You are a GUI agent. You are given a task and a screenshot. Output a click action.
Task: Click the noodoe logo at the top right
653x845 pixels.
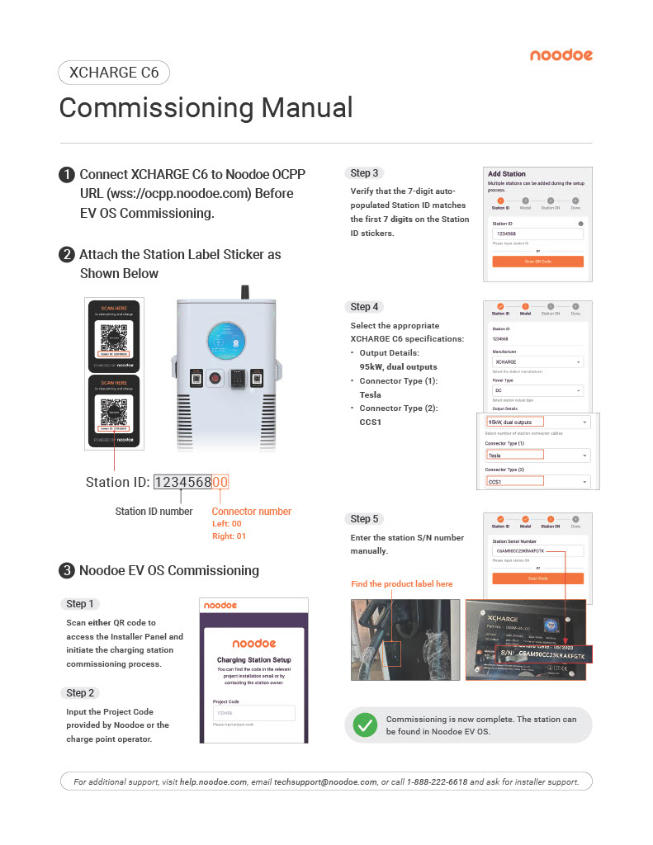coord(561,55)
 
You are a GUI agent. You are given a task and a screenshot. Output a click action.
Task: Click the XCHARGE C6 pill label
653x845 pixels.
coord(114,73)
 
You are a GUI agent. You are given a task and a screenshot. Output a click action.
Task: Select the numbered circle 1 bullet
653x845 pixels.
coord(65,175)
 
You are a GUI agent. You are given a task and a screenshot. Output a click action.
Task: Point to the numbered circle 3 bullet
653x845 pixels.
coord(65,570)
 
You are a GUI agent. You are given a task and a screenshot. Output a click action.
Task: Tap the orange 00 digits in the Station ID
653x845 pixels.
coord(220,483)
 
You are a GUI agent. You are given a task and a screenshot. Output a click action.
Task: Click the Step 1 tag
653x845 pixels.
coord(80,604)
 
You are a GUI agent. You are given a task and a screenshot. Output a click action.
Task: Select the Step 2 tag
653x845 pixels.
coord(80,693)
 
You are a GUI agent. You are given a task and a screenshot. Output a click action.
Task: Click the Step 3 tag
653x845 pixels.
coord(364,173)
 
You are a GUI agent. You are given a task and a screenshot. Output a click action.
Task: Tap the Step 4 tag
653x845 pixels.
coord(364,307)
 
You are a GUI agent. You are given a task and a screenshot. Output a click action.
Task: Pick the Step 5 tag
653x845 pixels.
coord(364,519)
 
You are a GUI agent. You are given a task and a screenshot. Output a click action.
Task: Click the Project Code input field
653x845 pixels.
coord(253,713)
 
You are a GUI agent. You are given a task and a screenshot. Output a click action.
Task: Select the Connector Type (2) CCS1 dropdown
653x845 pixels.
coord(537,481)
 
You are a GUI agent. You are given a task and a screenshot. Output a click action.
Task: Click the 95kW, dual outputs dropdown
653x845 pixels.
coord(537,422)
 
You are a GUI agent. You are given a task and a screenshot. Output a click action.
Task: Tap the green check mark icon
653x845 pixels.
coord(364,725)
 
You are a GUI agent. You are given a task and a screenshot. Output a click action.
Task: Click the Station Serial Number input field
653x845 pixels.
coord(537,550)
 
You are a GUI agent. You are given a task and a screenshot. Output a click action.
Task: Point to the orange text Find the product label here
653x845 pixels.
coord(402,584)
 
